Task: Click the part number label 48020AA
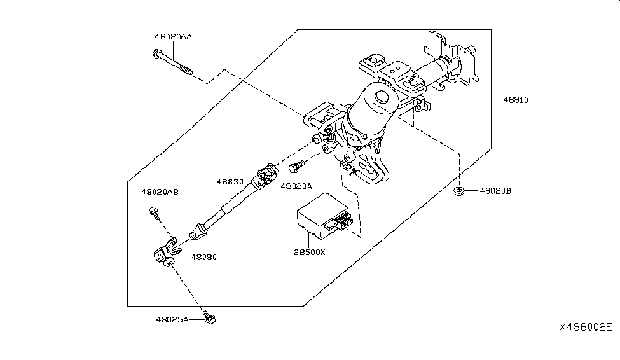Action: click(x=173, y=37)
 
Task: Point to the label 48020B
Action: click(x=495, y=190)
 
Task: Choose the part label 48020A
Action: click(x=295, y=186)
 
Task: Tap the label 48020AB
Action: click(x=160, y=191)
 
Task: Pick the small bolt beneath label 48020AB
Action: click(x=154, y=211)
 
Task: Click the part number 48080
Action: click(x=204, y=258)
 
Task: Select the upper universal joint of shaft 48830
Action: click(x=264, y=175)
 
